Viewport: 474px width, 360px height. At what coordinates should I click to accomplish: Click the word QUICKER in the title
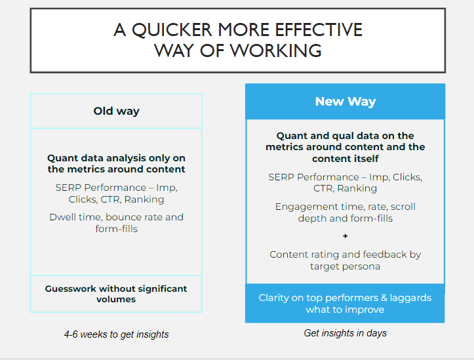click(x=172, y=30)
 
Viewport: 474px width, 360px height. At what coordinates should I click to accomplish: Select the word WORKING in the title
click(x=276, y=50)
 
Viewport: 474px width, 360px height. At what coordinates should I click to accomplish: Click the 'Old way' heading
click(x=117, y=111)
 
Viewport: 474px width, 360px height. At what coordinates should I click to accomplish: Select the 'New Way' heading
click(x=346, y=102)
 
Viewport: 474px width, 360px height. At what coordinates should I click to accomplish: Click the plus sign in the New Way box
click(x=346, y=236)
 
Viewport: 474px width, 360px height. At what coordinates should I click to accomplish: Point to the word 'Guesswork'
click(x=71, y=289)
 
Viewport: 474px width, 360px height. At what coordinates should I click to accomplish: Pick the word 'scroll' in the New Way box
click(x=403, y=207)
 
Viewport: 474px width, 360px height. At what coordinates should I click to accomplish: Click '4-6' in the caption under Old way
click(x=71, y=334)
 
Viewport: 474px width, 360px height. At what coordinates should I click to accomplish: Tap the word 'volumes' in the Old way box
click(x=116, y=299)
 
